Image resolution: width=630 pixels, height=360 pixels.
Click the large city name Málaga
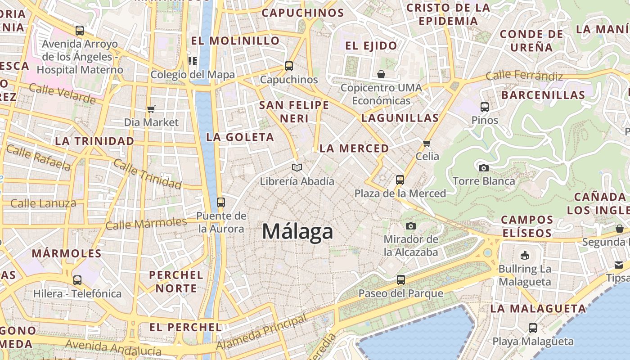[297, 231]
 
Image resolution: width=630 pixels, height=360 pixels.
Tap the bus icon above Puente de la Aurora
[220, 202]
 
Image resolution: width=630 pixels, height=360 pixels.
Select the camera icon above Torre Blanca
[484, 168]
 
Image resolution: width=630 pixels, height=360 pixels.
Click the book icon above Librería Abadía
[297, 167]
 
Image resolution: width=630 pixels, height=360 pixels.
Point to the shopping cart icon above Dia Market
[151, 109]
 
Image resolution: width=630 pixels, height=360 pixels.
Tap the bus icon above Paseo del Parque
[400, 279]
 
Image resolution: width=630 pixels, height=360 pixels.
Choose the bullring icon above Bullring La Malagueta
[524, 256]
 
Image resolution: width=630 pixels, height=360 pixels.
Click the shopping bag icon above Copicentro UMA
[381, 74]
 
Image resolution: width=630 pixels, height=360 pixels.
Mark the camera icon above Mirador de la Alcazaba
[410, 226]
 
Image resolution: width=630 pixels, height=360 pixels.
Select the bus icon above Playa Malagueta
[533, 328]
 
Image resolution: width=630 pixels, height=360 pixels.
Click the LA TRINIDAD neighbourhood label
[94, 141]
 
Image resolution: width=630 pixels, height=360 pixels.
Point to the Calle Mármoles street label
[146, 223]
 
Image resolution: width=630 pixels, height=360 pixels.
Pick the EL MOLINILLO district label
[235, 40]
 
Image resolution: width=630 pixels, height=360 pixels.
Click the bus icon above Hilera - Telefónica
[77, 280]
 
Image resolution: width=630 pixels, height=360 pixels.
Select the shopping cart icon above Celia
[427, 143]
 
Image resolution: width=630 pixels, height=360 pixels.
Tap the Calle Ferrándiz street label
[524, 76]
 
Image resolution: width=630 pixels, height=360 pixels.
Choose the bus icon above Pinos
[485, 107]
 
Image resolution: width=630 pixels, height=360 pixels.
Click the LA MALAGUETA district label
[538, 308]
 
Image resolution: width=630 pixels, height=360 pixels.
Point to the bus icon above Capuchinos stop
[289, 66]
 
